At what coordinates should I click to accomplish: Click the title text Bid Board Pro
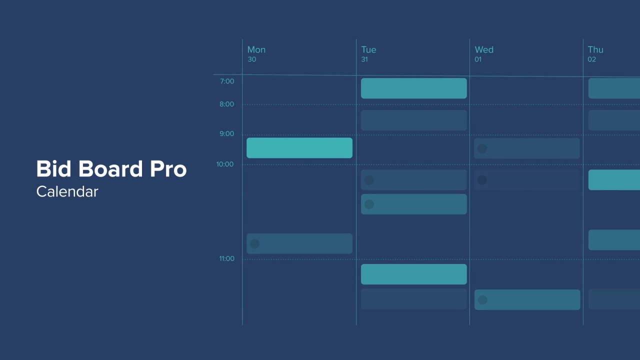click(111, 169)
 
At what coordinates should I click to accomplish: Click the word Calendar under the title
click(67, 191)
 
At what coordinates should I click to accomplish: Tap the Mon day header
click(256, 49)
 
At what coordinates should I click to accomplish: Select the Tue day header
click(368, 49)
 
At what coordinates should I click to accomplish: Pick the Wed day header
click(484, 49)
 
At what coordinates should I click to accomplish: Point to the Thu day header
click(595, 49)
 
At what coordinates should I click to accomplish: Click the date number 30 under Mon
click(251, 59)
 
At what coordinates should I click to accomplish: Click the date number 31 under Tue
click(364, 59)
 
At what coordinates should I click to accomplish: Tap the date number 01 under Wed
click(478, 59)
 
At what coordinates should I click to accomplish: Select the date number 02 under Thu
click(591, 59)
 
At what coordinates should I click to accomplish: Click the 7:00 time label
click(227, 81)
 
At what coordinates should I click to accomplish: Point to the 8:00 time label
click(226, 104)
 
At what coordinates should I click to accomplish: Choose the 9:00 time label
click(226, 134)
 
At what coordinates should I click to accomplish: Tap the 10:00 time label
click(225, 164)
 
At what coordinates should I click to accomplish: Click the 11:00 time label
click(226, 258)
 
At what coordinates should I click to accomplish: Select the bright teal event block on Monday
click(299, 148)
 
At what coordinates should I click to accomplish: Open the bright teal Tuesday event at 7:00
click(414, 88)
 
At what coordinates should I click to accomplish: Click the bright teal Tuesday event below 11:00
click(414, 274)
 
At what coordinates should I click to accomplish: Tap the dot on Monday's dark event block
click(254, 244)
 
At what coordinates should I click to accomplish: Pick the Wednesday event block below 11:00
click(527, 300)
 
